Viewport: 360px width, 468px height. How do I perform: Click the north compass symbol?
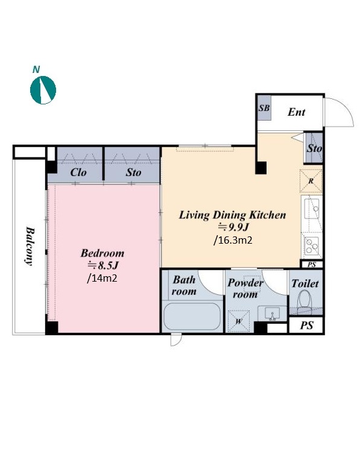pyautogui.click(x=43, y=90)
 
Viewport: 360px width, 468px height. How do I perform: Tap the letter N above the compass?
pyautogui.click(x=36, y=69)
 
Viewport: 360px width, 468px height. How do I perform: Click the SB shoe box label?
pyautogui.click(x=264, y=108)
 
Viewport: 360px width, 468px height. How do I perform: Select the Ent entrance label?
pyautogui.click(x=296, y=112)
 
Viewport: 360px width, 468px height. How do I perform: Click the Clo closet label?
pyautogui.click(x=78, y=172)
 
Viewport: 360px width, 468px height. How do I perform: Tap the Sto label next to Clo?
pyautogui.click(x=133, y=172)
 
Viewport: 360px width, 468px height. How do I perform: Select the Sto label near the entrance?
pyautogui.click(x=314, y=148)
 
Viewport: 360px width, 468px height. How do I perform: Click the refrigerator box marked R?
pyautogui.click(x=311, y=181)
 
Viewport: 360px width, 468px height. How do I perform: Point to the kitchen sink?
pyautogui.click(x=311, y=209)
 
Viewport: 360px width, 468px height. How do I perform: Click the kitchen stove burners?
pyautogui.click(x=312, y=245)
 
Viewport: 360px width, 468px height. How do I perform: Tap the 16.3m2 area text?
pyautogui.click(x=233, y=240)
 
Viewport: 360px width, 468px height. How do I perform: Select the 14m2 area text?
pyautogui.click(x=102, y=278)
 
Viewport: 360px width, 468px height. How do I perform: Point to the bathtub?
pyautogui.click(x=192, y=316)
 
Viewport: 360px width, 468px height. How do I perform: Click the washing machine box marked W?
pyautogui.click(x=239, y=321)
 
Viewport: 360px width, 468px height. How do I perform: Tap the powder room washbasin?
pyautogui.click(x=272, y=313)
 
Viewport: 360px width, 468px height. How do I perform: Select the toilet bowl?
pyautogui.click(x=305, y=299)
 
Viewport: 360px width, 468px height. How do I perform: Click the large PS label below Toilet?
pyautogui.click(x=306, y=325)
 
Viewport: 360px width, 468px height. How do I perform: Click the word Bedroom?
pyautogui.click(x=103, y=253)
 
